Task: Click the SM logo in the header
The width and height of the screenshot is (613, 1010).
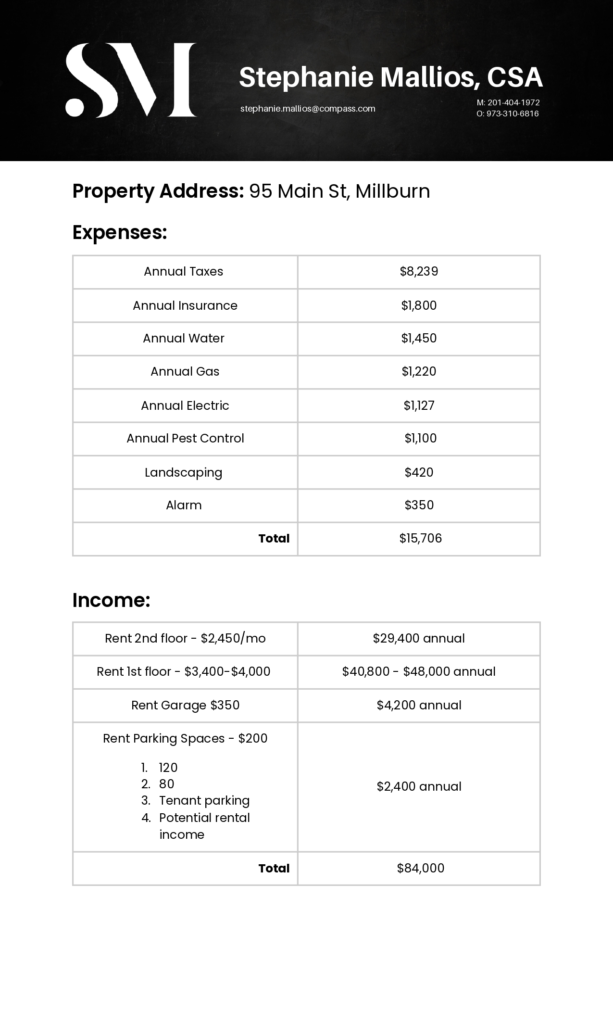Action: point(131,80)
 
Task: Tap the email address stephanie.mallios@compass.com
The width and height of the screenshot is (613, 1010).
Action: point(308,109)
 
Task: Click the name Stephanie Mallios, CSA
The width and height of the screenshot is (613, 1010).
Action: point(390,77)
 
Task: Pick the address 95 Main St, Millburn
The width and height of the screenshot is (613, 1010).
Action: point(339,191)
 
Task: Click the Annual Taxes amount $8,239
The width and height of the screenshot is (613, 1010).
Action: point(419,272)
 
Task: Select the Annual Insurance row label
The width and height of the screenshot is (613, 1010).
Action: point(185,305)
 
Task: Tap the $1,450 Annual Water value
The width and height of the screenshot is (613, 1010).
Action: point(419,339)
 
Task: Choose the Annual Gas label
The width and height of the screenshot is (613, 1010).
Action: point(185,372)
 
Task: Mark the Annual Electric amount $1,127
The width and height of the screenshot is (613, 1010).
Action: point(419,405)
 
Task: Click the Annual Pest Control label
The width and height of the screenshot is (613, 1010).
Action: point(185,439)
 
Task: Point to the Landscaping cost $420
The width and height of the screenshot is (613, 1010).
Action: point(419,472)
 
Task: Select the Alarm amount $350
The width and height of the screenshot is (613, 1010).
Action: point(419,505)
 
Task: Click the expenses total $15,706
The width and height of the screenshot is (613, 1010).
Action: point(420,539)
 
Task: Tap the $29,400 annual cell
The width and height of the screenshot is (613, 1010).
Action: point(419,639)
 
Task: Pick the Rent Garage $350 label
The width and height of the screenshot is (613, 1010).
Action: point(185,706)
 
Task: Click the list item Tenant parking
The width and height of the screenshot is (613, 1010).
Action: point(204,801)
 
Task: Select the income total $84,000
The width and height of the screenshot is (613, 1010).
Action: point(420,868)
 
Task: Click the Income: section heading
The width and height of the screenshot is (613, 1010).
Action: point(111,600)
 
